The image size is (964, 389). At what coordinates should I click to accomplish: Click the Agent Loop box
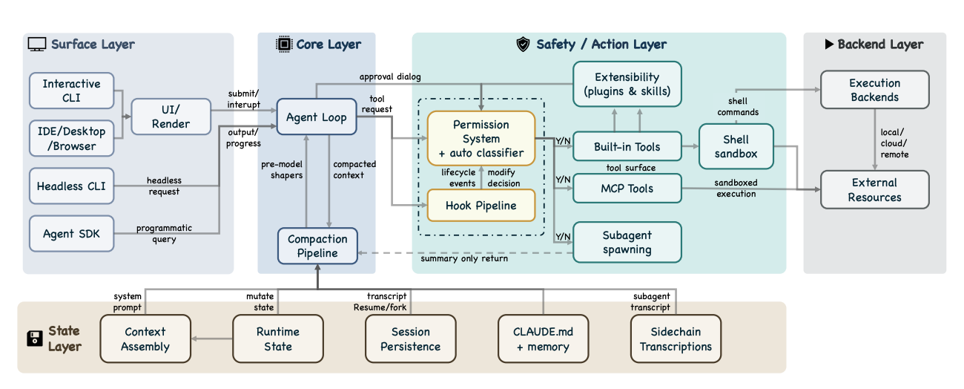tap(317, 117)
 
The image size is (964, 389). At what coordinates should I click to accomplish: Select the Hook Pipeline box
tap(481, 206)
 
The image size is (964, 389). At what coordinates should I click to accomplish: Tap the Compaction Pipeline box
tap(317, 246)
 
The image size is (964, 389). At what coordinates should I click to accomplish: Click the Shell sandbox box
tap(736, 146)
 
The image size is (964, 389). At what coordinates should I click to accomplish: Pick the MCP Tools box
tap(627, 189)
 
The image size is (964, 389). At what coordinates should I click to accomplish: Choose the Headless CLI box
tap(71, 186)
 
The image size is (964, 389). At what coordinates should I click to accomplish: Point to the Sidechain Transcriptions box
tap(676, 339)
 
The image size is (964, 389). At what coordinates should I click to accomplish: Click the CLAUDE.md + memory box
tap(543, 339)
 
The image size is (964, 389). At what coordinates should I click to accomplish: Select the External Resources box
tap(874, 189)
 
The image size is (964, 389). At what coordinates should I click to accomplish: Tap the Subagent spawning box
tap(627, 242)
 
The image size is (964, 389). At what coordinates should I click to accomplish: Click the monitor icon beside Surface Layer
tap(37, 45)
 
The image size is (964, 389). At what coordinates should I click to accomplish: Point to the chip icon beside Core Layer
tap(284, 44)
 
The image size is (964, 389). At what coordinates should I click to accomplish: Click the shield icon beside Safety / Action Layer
tap(523, 44)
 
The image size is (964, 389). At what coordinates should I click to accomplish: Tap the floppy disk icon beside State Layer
tap(35, 339)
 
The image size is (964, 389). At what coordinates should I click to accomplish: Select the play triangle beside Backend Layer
tap(829, 44)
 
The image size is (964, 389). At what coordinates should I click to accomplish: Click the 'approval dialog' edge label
tap(390, 76)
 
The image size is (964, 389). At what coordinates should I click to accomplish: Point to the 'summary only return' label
tap(464, 258)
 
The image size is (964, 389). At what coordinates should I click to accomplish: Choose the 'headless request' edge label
tap(164, 186)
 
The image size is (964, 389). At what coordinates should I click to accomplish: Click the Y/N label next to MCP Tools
tap(563, 180)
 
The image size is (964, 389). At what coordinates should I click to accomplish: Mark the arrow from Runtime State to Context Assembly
tap(212, 339)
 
